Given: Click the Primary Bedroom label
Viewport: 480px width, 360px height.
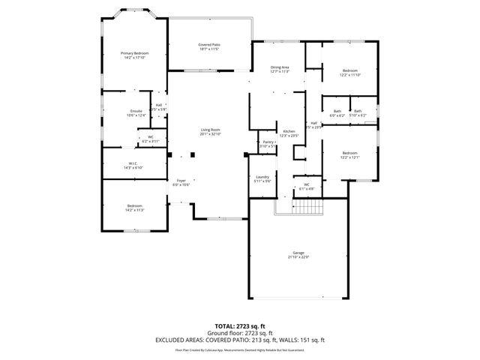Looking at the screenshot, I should click(135, 55).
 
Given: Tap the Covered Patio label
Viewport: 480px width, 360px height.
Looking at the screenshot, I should click(209, 47).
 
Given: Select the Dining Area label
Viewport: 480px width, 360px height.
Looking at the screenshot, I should click(280, 70).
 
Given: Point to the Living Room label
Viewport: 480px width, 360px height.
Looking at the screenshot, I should click(209, 133).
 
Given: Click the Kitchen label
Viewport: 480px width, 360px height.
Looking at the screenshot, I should click(289, 133).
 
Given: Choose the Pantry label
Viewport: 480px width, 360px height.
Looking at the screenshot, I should click(268, 143).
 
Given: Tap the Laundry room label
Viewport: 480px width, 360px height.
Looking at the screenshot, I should click(262, 179).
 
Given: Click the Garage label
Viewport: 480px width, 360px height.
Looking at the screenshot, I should click(298, 256).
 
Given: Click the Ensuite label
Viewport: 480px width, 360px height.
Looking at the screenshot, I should click(136, 113).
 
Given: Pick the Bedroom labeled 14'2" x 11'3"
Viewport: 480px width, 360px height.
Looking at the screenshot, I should click(135, 208).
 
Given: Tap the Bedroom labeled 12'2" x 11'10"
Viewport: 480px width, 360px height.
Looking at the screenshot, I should click(350, 73).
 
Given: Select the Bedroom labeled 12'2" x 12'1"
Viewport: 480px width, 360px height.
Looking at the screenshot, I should click(350, 154).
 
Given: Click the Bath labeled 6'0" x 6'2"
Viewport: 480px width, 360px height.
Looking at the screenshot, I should click(337, 113).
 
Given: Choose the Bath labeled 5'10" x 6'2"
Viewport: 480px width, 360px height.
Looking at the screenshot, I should click(358, 113).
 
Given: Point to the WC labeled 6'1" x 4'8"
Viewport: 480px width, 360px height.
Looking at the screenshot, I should click(307, 187).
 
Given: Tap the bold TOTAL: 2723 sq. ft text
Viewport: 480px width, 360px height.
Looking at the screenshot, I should click(239, 326).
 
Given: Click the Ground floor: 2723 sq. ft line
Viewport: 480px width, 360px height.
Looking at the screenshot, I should click(239, 332).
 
